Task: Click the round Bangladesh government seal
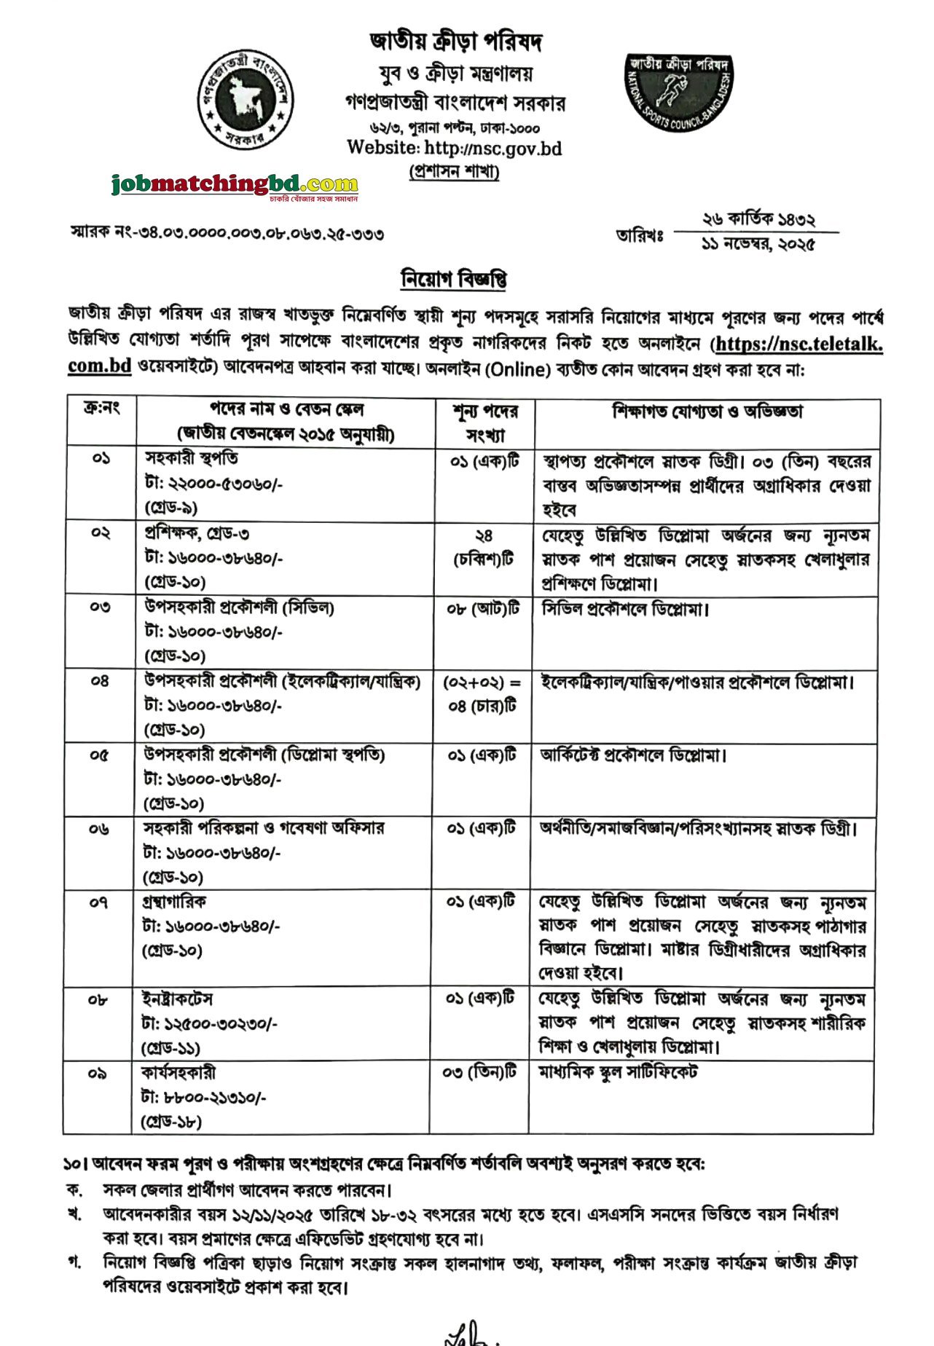[x=246, y=100]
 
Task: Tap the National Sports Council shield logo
[x=679, y=93]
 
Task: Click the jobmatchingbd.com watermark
[x=235, y=184]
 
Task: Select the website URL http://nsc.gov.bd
[x=454, y=148]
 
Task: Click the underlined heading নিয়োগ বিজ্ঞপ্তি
[x=454, y=279]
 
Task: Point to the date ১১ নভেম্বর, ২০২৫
[x=758, y=244]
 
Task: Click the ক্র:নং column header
[x=101, y=409]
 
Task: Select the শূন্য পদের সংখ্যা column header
[x=484, y=423]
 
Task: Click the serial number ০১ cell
[x=101, y=460]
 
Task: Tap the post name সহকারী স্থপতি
[x=191, y=459]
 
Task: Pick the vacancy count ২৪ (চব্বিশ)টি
[x=484, y=547]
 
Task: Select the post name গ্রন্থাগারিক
[x=174, y=902]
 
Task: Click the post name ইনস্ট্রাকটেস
[x=177, y=999]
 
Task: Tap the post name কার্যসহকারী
[x=178, y=1073]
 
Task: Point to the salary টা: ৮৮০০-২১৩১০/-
[x=203, y=1098]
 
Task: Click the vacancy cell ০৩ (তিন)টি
[x=479, y=1073]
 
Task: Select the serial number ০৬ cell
[x=99, y=829]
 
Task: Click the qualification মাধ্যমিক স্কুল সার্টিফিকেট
[x=618, y=1072]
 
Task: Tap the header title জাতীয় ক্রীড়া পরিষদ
[x=455, y=42]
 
